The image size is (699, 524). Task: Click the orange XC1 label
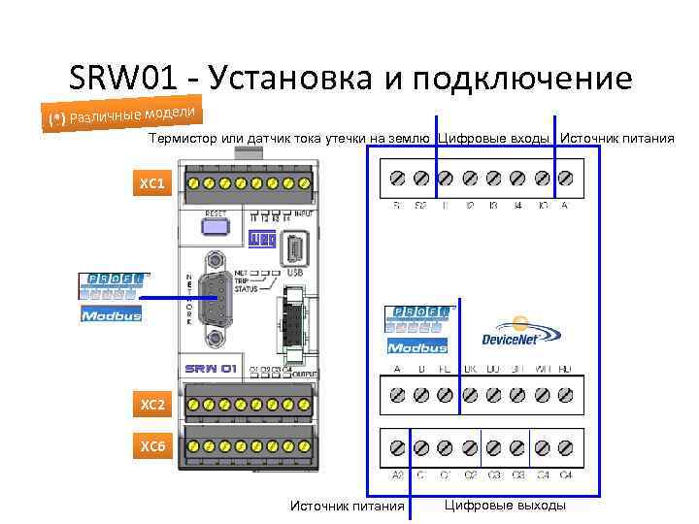coord(153,182)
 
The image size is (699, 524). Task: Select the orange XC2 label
coord(153,401)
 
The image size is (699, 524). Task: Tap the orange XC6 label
coord(153,446)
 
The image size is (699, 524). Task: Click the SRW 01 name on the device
coord(211,370)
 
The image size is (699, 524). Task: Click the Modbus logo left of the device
coord(111,314)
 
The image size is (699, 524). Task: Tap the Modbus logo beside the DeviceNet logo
coord(417,346)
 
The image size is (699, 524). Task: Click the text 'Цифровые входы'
coord(495,139)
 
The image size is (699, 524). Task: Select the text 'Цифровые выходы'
coord(505,505)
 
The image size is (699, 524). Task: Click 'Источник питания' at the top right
coord(617,139)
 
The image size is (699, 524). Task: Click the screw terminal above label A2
coord(397,447)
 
